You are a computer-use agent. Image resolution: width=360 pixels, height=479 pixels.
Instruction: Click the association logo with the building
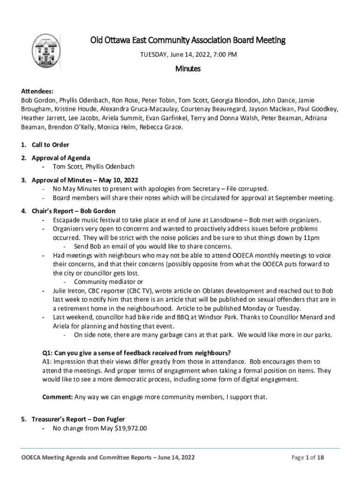point(46,51)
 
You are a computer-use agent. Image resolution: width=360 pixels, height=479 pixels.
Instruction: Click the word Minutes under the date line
point(188,69)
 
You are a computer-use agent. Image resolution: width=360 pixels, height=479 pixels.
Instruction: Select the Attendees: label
point(37,92)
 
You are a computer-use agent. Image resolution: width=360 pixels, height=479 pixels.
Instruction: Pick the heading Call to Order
point(50,145)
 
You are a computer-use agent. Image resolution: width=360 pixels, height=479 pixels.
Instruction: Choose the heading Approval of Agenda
point(61,158)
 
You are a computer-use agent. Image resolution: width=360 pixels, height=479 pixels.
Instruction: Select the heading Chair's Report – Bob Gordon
point(73,211)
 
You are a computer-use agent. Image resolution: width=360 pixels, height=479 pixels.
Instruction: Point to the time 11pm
point(310,238)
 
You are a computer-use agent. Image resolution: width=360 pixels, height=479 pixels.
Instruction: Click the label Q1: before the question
point(48,352)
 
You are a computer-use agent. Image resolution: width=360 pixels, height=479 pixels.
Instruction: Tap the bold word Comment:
point(58,397)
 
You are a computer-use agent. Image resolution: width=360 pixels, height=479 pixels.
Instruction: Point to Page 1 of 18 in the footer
point(308,457)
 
